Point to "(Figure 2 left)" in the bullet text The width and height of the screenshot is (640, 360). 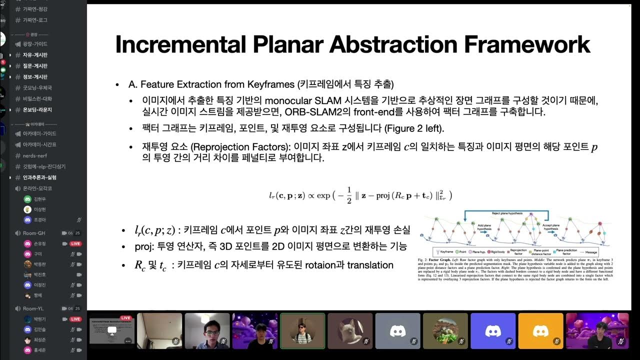click(x=413, y=128)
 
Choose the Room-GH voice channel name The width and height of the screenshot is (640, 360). click(x=34, y=233)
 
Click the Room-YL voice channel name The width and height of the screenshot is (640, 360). click(x=33, y=308)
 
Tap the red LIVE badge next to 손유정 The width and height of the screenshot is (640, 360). click(x=75, y=243)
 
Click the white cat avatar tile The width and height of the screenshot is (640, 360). click(x=349, y=330)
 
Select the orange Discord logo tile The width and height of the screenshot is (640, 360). click(x=540, y=330)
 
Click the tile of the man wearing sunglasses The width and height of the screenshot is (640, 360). click(x=302, y=330)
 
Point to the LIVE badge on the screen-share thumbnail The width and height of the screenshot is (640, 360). click(x=125, y=318)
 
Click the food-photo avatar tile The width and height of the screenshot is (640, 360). click(x=445, y=330)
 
